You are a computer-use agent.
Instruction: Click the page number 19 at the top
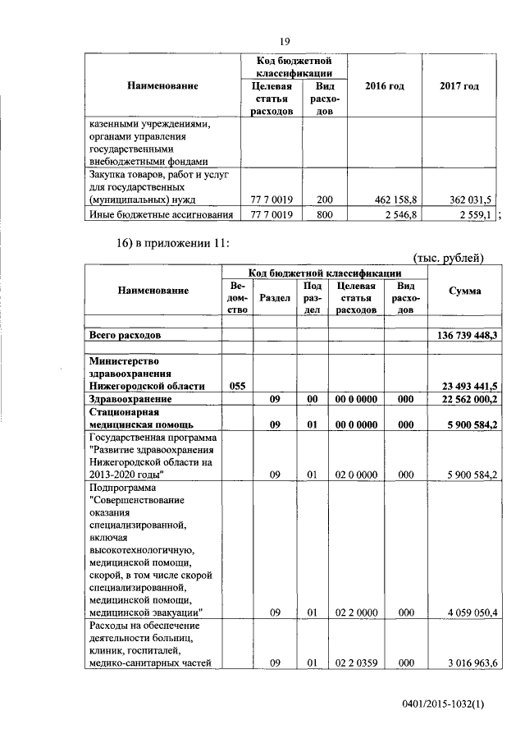coord(285,42)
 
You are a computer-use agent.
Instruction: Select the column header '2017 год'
coord(459,86)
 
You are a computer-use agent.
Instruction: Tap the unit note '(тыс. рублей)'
coord(449,258)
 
